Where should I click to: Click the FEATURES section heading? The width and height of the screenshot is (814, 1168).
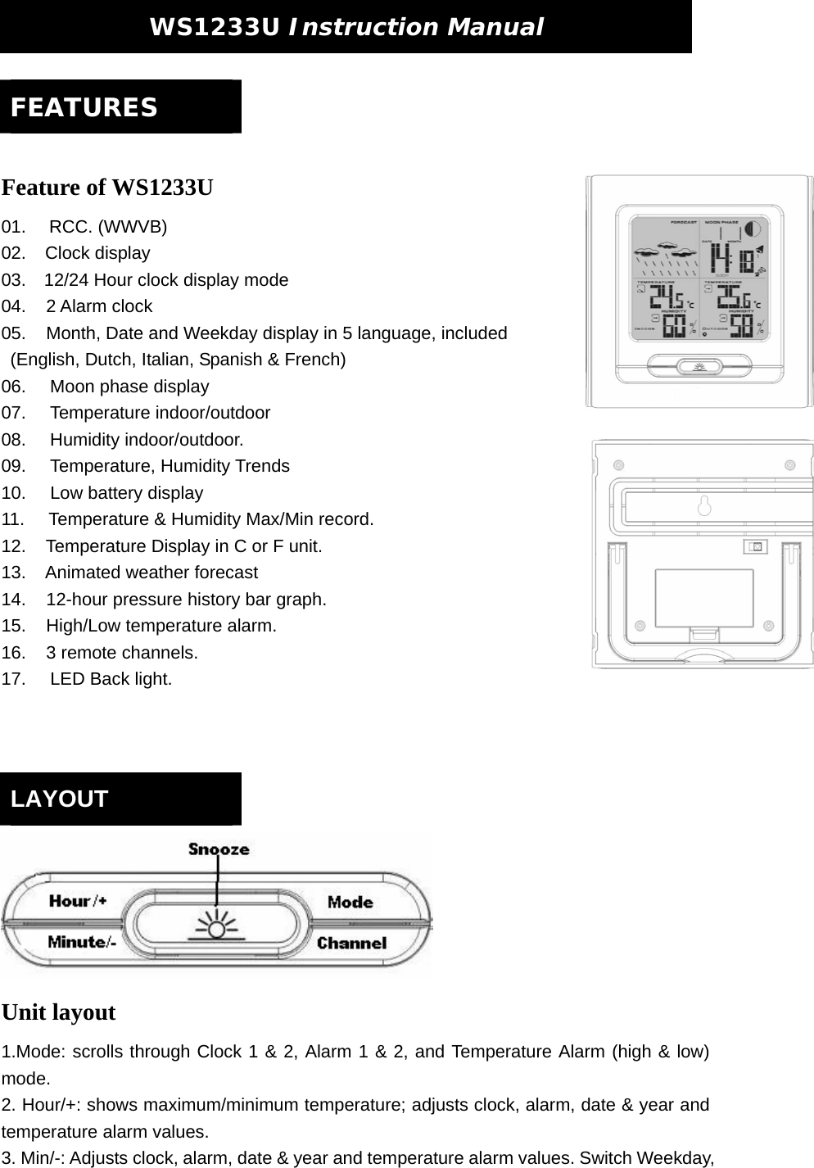tap(84, 107)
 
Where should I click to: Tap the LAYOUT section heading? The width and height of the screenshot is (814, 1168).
tap(60, 799)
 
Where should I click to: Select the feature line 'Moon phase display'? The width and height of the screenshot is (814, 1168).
tap(129, 387)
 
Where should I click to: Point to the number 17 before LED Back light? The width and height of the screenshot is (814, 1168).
tap(13, 679)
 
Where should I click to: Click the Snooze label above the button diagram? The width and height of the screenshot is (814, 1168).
tap(219, 849)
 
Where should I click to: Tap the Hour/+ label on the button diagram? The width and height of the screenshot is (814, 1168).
tap(78, 901)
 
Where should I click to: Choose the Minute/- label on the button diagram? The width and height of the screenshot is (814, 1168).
tap(82, 942)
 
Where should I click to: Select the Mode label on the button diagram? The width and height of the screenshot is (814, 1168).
tap(350, 902)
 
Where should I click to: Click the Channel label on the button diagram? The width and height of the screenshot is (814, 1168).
tap(351, 943)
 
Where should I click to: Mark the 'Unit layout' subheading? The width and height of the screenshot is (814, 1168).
tap(59, 1012)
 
